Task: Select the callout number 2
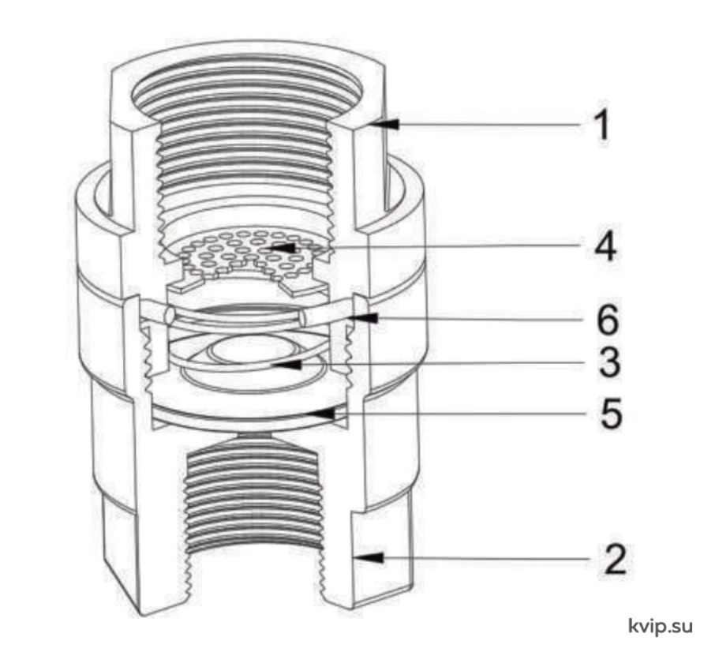(615, 559)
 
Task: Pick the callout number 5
(612, 413)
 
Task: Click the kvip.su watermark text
(661, 625)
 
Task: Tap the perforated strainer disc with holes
(253, 253)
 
